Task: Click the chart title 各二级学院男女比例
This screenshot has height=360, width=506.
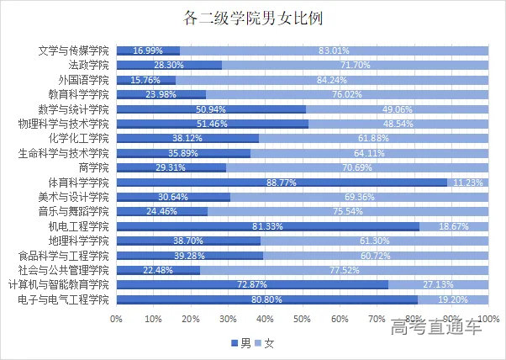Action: coord(252,18)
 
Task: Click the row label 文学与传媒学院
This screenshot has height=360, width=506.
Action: coord(75,50)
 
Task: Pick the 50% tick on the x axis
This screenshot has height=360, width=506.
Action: coord(303,320)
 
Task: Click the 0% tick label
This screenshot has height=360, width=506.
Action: coord(116,320)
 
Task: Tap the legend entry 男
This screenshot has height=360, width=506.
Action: coord(240,343)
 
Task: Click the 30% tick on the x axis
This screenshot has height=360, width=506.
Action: coord(228,320)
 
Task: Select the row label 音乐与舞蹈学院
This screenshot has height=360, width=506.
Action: coord(75,211)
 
